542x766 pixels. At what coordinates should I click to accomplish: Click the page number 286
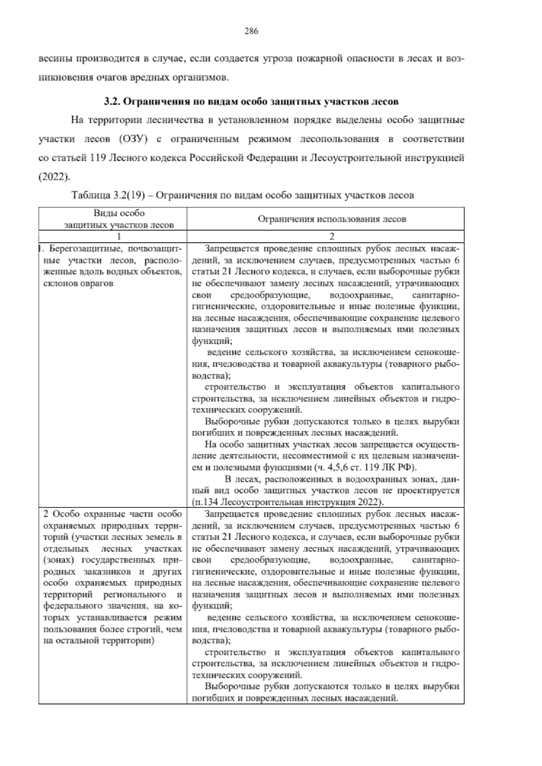(x=251, y=31)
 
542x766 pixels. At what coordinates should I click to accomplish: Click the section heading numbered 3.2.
(x=251, y=102)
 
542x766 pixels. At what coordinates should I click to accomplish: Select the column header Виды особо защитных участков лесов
(x=119, y=219)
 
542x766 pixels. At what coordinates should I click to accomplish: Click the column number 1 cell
(x=119, y=236)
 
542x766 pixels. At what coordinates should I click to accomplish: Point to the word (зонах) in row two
(x=61, y=560)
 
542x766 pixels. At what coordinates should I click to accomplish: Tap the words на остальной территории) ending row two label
(x=99, y=640)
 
